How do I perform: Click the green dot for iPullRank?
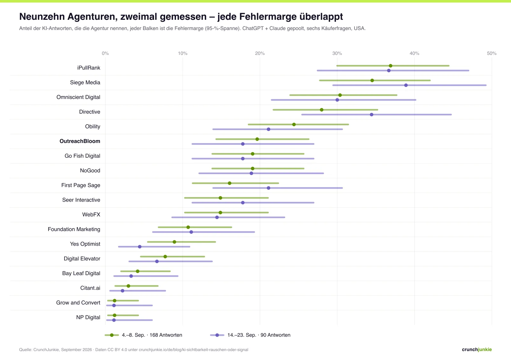coord(391,66)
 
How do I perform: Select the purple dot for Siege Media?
coord(406,85)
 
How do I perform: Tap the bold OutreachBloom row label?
coord(80,141)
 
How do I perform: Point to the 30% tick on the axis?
coord(337,53)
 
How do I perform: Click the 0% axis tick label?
coord(105,53)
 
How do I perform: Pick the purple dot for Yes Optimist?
coord(140,247)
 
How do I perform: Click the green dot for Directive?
coord(322,110)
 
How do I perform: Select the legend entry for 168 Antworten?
coord(143,335)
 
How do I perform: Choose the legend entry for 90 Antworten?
coord(250,335)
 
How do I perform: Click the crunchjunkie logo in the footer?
coord(477,349)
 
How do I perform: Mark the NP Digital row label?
coord(88,317)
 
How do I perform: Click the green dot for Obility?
coord(294,124)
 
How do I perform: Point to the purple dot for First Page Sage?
coord(269,188)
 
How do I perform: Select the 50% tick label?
coord(492,53)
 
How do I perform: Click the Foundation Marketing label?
coord(74,229)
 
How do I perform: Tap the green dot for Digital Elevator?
coord(165,257)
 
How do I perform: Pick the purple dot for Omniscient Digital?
coord(337,100)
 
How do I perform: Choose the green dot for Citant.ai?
coord(128,286)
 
